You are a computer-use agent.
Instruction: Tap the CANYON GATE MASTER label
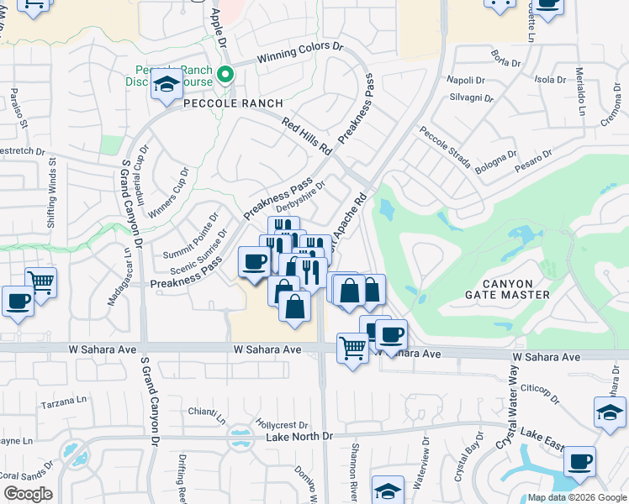pos(507,287)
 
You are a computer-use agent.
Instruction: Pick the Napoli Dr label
pos(467,81)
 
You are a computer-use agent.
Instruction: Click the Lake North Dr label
pos(299,437)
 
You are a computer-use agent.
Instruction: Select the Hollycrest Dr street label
pos(281,425)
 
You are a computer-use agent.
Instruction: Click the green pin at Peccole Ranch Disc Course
pos(225,75)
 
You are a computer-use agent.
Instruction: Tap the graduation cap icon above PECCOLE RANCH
pos(166,85)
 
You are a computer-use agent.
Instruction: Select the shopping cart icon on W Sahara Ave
pos(352,346)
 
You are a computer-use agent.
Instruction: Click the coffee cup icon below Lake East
pos(579,461)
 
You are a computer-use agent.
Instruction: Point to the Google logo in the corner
pos(28,494)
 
